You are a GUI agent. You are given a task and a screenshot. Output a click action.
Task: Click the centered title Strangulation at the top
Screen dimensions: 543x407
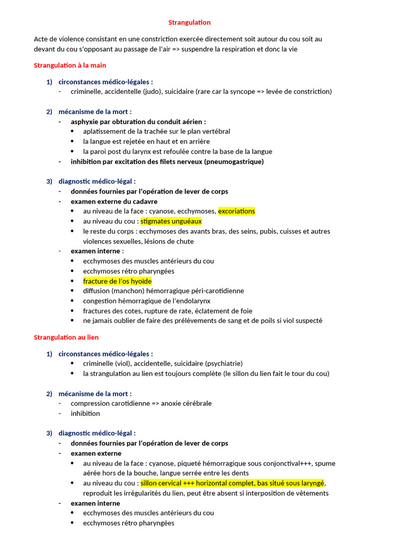point(189,22)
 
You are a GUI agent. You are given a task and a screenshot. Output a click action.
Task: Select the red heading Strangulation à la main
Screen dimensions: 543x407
point(70,65)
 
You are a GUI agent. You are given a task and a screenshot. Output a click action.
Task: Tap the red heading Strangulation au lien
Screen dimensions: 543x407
point(66,337)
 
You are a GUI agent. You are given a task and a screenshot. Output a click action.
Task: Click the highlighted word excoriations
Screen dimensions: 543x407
point(236,211)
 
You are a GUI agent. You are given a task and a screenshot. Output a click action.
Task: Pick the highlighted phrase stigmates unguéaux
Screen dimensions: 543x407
point(171,221)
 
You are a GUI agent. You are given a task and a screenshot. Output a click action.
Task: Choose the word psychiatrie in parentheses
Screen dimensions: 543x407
point(224,364)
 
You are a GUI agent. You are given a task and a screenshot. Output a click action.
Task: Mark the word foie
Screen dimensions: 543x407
point(245,311)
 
